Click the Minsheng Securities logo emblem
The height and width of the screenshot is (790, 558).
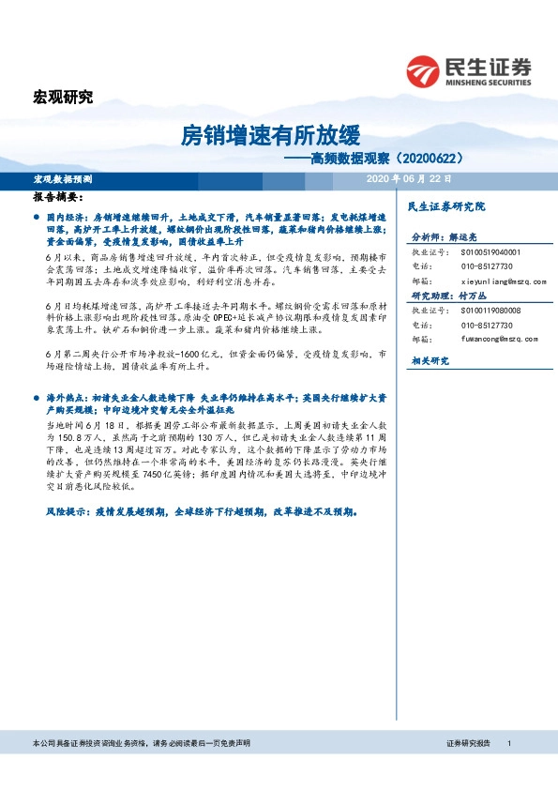click(x=424, y=69)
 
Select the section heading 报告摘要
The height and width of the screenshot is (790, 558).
click(x=57, y=199)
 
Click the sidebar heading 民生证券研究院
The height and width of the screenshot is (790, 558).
click(x=443, y=205)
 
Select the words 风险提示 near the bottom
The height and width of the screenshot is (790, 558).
click(x=64, y=512)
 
